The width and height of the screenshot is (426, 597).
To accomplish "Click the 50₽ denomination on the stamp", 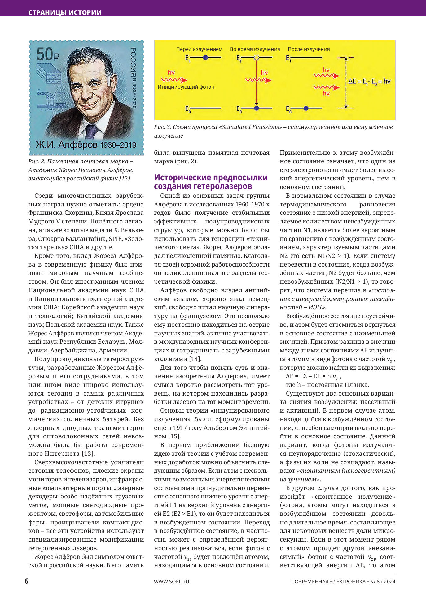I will pyautogui.click(x=47, y=54).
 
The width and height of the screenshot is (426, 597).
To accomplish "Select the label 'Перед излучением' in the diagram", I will pyautogui.click(x=199, y=49).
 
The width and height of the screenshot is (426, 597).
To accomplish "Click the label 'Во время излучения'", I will pyautogui.click(x=255, y=49).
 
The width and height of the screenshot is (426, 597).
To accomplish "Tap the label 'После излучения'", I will pyautogui.click(x=309, y=49).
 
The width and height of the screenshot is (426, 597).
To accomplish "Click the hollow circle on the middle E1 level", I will pyautogui.click(x=256, y=57).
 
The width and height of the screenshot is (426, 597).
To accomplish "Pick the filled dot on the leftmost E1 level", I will pyautogui.click(x=205, y=57).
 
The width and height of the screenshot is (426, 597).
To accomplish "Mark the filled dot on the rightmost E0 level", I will pyautogui.click(x=306, y=108).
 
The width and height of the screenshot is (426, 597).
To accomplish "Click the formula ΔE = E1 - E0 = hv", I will pyautogui.click(x=369, y=82).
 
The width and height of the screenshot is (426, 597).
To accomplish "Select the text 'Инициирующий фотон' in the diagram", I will pyautogui.click(x=186, y=87).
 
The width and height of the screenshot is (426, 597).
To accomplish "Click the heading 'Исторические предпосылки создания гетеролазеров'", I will pyautogui.click(x=211, y=182).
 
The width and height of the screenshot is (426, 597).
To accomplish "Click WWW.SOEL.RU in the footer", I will pyautogui.click(x=171, y=581).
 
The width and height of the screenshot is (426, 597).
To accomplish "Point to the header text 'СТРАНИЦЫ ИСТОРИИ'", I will pyautogui.click(x=65, y=13).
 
